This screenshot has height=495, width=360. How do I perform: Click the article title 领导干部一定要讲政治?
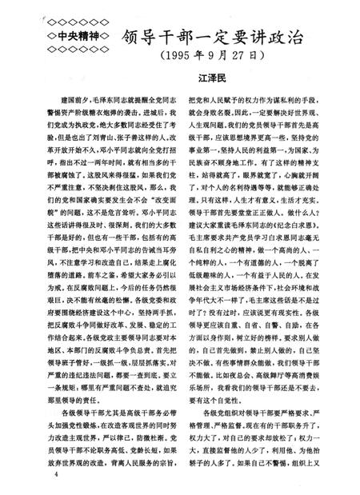(215, 36)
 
